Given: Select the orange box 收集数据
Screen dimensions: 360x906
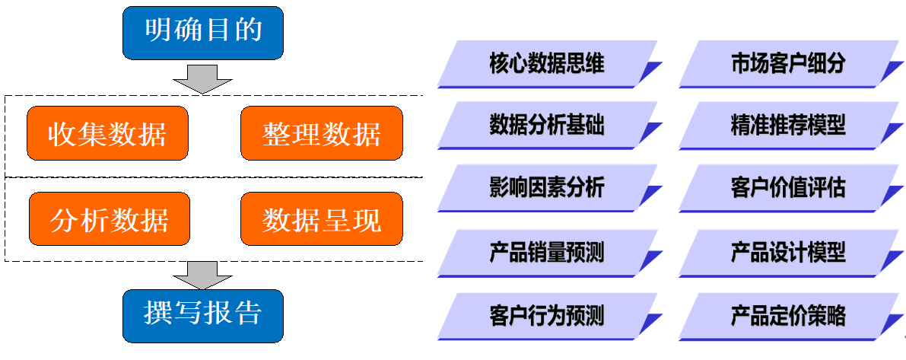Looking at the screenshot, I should [x=107, y=134].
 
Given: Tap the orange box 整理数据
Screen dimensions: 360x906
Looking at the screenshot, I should [x=321, y=134].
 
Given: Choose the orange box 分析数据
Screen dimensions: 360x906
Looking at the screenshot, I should [x=107, y=220].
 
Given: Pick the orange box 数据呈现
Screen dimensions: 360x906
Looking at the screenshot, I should [x=321, y=220].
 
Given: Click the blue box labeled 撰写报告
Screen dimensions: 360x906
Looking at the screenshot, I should [x=203, y=314].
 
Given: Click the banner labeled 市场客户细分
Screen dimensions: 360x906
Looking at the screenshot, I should [x=787, y=64].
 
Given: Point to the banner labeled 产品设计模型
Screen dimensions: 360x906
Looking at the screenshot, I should [x=787, y=252].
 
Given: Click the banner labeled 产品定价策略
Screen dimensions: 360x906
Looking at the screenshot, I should [x=787, y=315].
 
